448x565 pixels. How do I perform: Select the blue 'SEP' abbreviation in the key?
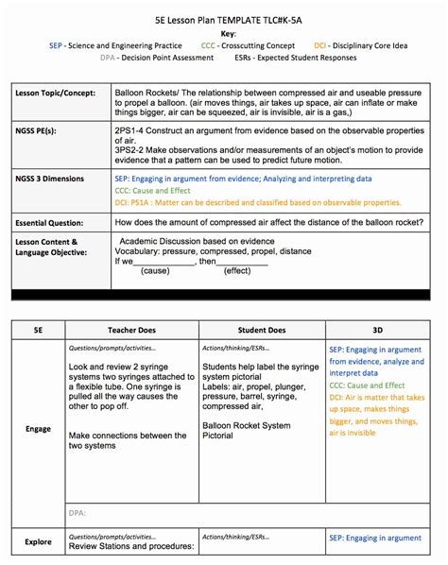(57, 44)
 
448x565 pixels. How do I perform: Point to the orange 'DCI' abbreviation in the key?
(321, 44)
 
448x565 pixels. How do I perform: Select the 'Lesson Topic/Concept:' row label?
(56, 94)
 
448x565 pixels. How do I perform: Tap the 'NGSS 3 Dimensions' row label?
(56, 178)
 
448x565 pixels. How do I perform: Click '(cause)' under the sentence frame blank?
(155, 270)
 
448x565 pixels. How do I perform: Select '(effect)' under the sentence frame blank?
(236, 270)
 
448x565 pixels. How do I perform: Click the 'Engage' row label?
(38, 428)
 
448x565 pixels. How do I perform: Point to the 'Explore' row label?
(38, 542)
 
